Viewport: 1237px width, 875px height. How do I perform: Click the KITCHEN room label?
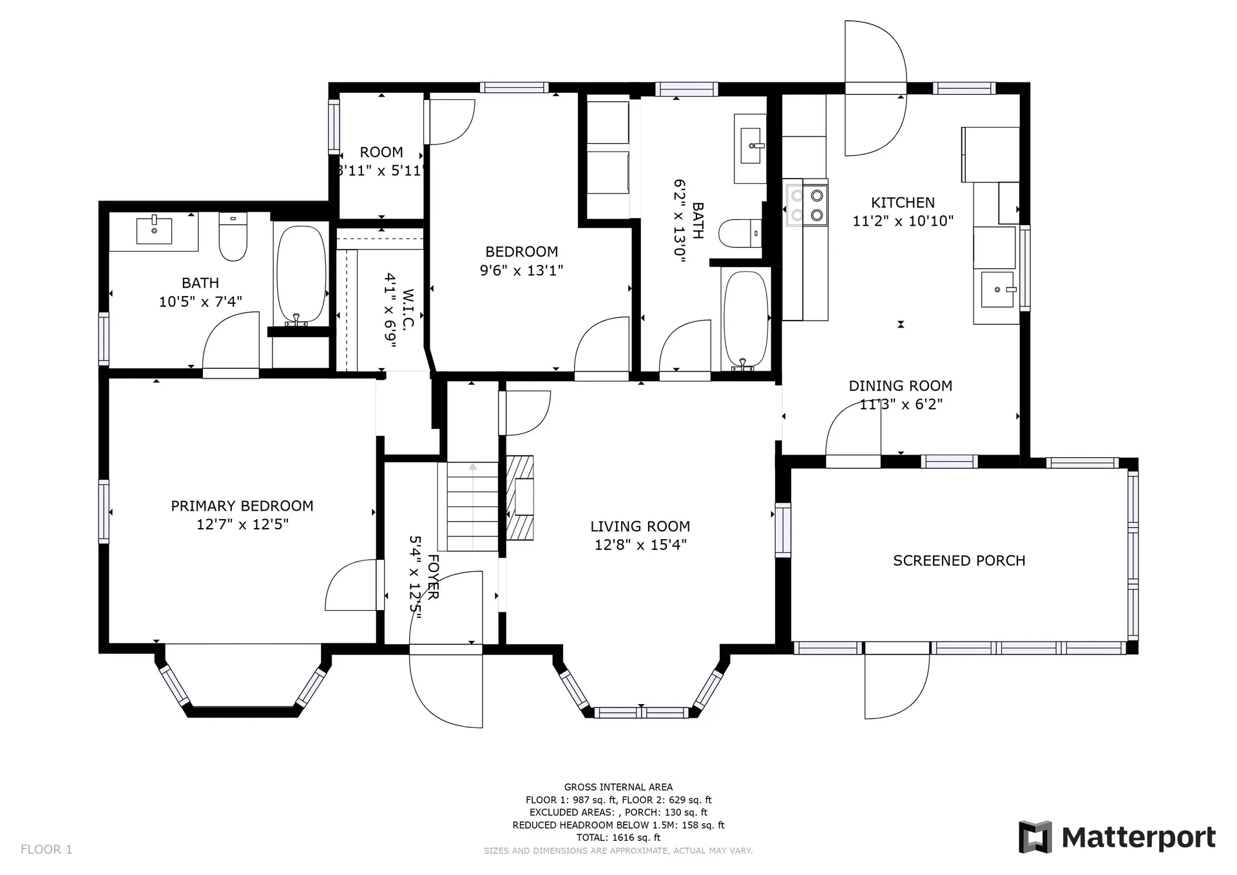[x=903, y=202]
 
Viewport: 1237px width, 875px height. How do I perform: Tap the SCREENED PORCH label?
[x=959, y=561]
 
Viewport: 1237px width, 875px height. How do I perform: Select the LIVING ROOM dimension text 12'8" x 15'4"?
[x=640, y=545]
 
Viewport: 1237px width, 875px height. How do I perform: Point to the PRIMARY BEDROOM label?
[x=242, y=506]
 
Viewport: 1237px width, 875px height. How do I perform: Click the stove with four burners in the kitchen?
[x=806, y=205]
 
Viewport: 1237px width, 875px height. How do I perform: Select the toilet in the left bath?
[x=233, y=237]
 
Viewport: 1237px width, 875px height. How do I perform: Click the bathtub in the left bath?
[x=301, y=275]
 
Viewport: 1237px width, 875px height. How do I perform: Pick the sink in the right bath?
[x=751, y=148]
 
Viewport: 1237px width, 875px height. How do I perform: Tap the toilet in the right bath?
[x=740, y=233]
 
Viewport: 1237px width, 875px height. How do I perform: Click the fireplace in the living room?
[x=520, y=497]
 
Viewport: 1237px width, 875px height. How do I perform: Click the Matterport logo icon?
[x=1035, y=837]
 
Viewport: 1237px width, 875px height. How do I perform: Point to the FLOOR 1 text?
[x=46, y=849]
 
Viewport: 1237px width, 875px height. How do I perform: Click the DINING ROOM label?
[x=901, y=386]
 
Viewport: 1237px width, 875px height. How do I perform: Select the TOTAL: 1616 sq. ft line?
[x=618, y=838]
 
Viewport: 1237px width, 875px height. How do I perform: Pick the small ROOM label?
[x=381, y=152]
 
